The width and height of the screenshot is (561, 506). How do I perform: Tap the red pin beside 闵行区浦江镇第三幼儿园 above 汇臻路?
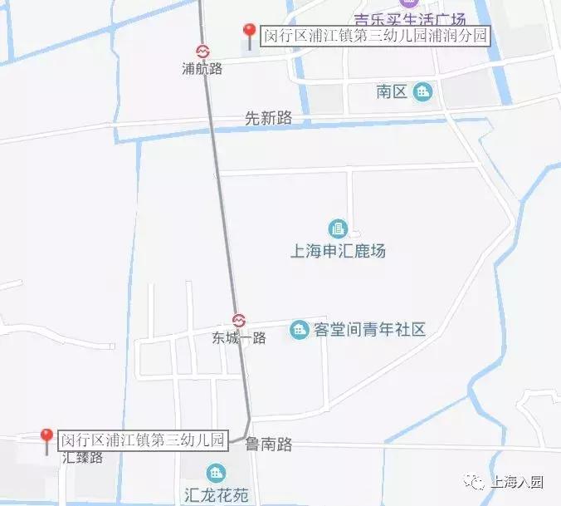pos(47,438)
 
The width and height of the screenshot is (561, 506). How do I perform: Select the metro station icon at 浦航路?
pos(202,52)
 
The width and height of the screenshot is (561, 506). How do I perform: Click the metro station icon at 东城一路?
pos(239,321)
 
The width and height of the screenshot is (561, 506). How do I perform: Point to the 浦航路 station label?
pos(202,69)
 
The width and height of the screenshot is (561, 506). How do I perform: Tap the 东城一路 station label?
pos(239,338)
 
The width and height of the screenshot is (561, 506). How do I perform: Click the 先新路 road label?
pos(269,119)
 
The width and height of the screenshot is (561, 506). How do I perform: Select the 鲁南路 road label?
pos(269,445)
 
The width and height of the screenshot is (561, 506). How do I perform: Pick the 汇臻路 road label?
pos(82,456)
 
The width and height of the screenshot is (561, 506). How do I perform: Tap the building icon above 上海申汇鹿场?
pos(337,228)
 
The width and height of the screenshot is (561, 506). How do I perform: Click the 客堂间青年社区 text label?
pos(370,330)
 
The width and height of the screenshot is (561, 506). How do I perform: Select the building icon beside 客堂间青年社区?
pos(298,330)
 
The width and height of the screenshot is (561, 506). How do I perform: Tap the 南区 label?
pos(392,91)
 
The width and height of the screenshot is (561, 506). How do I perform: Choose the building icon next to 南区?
pos(422,91)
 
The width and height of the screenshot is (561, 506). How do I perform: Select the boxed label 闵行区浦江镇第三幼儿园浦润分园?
pos(375,36)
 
